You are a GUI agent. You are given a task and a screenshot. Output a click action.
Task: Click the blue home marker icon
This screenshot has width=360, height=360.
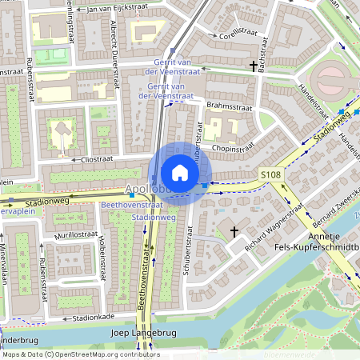pyautogui.click(x=180, y=173)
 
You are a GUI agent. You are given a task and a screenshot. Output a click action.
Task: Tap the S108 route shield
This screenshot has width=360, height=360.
pyautogui.click(x=270, y=174)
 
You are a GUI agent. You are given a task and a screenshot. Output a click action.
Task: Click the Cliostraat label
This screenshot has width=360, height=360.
pyautogui.click(x=95, y=158)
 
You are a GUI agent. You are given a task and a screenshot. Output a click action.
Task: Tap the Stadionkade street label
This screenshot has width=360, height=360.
pyautogui.click(x=86, y=318)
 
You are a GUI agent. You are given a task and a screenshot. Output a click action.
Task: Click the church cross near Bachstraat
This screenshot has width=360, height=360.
pyautogui.click(x=254, y=66)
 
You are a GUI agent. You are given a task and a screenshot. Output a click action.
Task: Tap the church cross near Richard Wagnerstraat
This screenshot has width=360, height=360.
pyautogui.click(x=234, y=231)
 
